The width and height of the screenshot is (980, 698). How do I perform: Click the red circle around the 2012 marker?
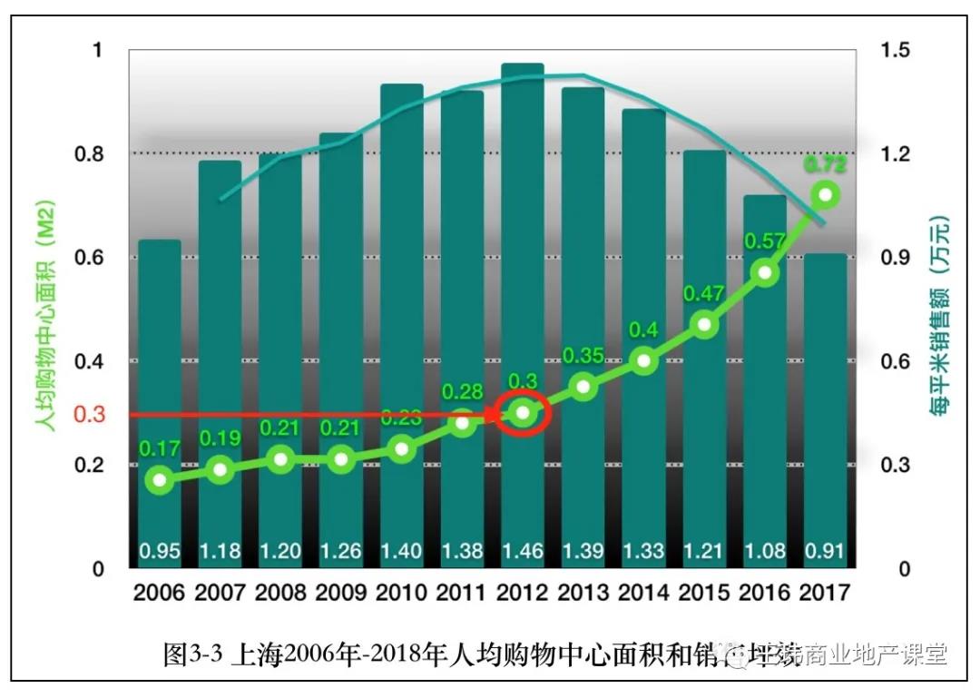(522, 414)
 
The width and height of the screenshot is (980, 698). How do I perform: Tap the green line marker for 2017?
(825, 194)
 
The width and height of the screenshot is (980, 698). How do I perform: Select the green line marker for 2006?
(160, 479)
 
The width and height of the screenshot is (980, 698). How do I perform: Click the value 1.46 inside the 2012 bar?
(522, 550)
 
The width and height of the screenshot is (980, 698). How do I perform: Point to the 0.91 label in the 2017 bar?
(825, 550)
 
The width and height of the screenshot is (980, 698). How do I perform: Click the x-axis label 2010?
(401, 593)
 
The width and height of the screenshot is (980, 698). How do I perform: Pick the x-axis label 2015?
(704, 593)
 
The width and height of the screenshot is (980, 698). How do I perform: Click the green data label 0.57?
(763, 241)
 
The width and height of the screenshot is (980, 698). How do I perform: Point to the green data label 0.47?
(702, 294)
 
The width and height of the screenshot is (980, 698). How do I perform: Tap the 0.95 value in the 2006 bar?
(160, 550)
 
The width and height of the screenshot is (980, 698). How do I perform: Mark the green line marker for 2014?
(643, 360)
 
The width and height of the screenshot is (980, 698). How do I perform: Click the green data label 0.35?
(583, 356)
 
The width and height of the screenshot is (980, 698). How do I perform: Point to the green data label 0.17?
(160, 447)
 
